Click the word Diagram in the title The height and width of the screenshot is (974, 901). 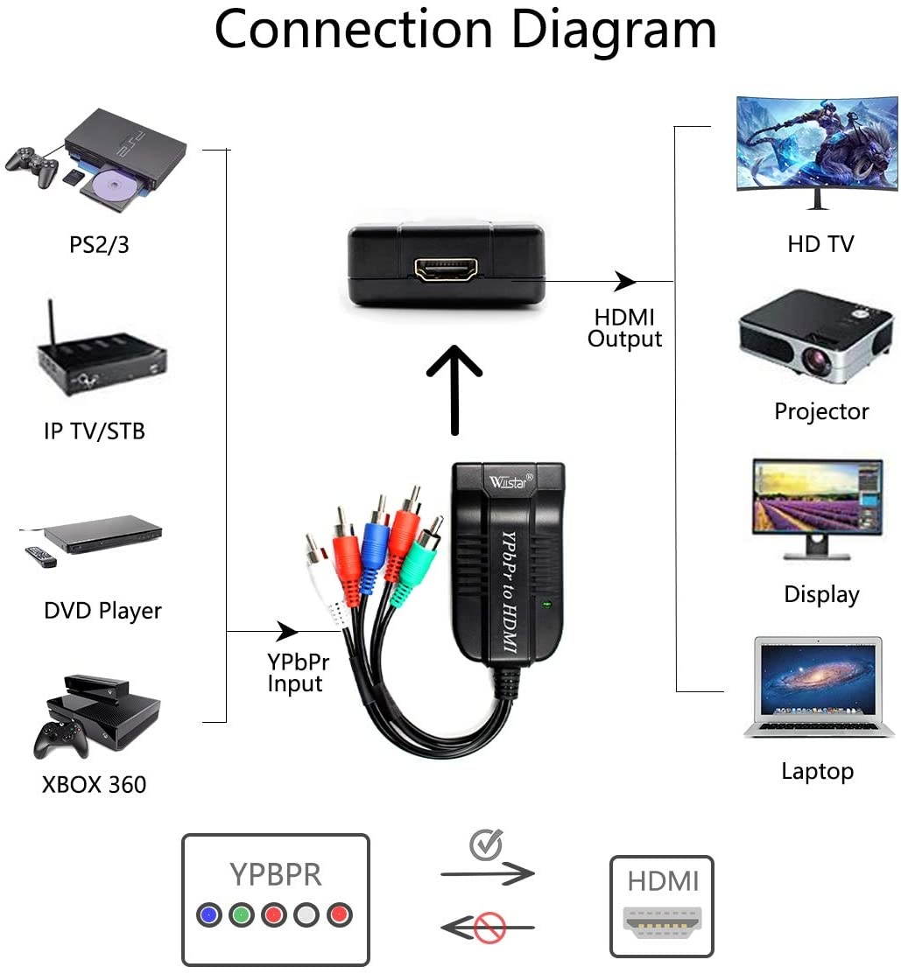(613, 31)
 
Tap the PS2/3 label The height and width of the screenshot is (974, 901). (99, 244)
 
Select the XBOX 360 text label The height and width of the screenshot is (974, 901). (95, 784)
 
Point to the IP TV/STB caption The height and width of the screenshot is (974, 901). (95, 431)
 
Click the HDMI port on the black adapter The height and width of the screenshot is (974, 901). (449, 270)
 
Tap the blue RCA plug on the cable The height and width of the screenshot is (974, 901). (374, 553)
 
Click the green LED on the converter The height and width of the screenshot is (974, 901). (548, 603)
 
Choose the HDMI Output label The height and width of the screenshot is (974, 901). (624, 328)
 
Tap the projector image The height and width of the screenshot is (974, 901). (814, 337)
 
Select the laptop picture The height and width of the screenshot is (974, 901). (819, 687)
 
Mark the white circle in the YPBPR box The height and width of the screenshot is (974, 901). (306, 915)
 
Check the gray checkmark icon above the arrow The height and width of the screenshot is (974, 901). (486, 844)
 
